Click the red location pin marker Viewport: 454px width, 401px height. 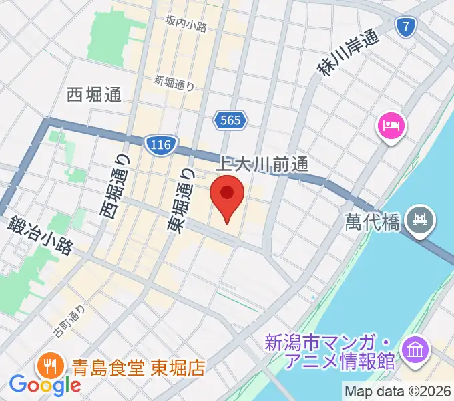227,195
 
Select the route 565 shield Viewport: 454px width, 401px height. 231,120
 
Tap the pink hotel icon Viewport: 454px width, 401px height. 391,126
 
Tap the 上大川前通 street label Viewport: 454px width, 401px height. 265,163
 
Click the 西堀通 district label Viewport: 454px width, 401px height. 94,95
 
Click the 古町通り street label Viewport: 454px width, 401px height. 70,320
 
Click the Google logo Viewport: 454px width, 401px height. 45,385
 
